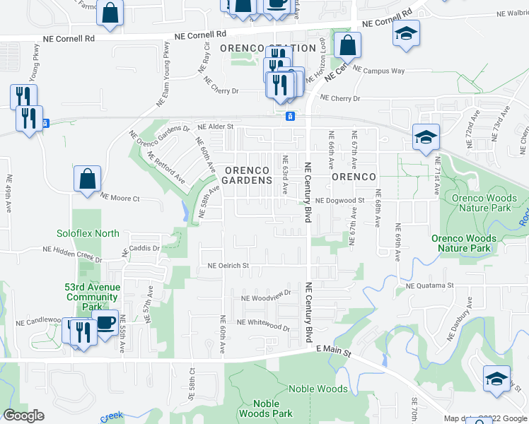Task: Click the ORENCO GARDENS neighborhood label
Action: tap(248, 175)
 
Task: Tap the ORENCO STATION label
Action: tap(267, 48)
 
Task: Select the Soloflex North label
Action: tap(88, 233)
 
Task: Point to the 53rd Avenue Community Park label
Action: tap(92, 298)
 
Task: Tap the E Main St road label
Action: tap(333, 349)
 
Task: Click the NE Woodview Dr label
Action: tap(266, 296)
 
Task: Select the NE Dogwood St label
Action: tap(339, 200)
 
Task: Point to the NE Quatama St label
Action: tap(429, 285)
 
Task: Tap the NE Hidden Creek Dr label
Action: tap(71, 249)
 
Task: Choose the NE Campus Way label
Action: tap(378, 71)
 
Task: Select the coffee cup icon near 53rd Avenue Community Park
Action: tap(105, 323)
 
